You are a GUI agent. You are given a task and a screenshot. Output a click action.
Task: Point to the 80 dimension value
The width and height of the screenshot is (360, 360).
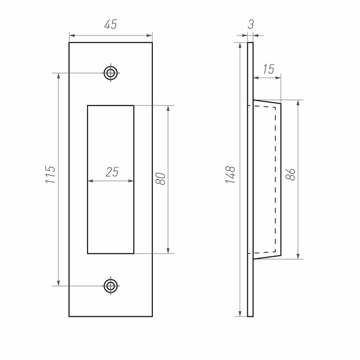click(x=160, y=179)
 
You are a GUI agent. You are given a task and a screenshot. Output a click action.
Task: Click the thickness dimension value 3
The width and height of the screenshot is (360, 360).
click(x=250, y=23)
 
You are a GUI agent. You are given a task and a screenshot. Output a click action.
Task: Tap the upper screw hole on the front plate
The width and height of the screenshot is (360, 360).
click(x=111, y=73)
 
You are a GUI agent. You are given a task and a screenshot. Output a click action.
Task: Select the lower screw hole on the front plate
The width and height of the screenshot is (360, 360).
click(x=111, y=285)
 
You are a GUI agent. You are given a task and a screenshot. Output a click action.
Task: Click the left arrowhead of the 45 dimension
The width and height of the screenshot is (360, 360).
click(x=72, y=35)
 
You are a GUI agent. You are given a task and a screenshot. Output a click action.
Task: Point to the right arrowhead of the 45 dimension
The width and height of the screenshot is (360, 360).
click(x=150, y=35)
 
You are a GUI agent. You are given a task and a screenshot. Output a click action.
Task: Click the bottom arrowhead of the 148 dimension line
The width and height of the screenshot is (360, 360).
click(x=240, y=314)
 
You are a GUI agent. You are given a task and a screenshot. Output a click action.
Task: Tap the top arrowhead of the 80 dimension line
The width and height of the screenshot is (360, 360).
click(x=168, y=109)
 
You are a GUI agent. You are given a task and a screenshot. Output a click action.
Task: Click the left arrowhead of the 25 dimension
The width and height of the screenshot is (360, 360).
click(x=91, y=181)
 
